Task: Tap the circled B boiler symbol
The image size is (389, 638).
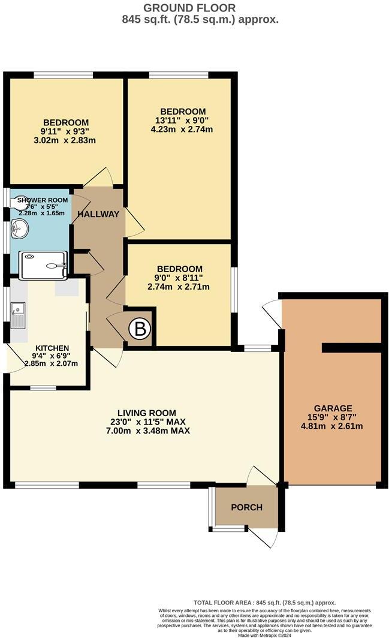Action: coord(140,328)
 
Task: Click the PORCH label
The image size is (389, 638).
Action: coord(247,507)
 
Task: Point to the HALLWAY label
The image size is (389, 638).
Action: coord(98,214)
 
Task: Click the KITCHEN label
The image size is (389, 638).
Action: coord(52,348)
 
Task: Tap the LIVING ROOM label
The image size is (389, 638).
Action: coord(147,413)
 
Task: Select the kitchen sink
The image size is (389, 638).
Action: coord(17,316)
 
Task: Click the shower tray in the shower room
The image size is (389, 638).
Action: coord(44,265)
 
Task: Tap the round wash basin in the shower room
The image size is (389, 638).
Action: coord(19,228)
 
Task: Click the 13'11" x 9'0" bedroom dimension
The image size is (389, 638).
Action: coord(183,121)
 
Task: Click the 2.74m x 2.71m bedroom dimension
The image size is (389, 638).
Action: coord(180,287)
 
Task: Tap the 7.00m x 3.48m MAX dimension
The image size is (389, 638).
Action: coord(147,431)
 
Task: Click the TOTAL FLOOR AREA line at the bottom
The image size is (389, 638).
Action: coord(264,603)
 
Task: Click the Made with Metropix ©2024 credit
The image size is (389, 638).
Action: coord(264,634)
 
